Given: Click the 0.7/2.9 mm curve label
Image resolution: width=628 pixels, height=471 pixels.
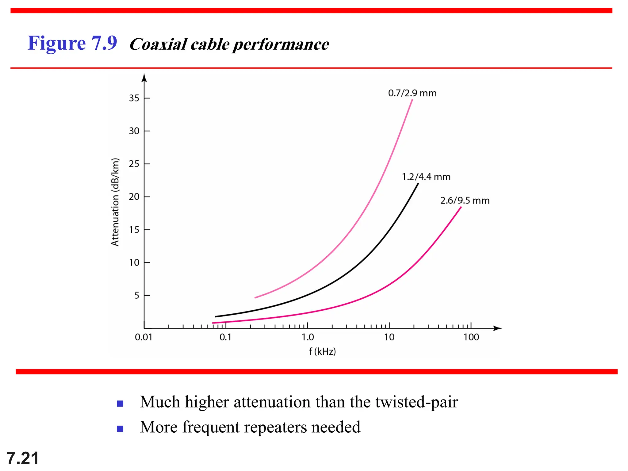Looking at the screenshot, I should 412,93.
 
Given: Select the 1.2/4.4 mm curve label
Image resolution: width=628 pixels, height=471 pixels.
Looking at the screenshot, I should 426,177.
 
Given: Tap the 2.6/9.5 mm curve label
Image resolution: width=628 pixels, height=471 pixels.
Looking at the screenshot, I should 465,201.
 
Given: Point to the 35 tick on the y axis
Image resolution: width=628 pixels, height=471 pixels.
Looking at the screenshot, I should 134,98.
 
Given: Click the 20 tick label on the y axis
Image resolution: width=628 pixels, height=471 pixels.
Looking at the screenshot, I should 134,197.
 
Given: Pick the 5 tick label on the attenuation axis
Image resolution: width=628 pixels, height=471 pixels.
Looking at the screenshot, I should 137,295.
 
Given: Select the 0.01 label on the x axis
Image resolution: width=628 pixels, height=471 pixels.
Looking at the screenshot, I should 144,337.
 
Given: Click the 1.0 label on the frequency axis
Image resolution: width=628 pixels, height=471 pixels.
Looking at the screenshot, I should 308,337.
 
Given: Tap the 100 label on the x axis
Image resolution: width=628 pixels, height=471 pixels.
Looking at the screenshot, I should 471,337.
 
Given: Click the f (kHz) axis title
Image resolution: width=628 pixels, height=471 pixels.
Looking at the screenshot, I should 322,351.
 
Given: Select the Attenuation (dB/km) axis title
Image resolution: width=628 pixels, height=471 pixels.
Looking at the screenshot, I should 115,202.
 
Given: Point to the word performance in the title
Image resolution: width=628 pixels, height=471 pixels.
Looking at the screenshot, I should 281,44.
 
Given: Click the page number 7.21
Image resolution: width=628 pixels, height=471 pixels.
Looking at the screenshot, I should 23,458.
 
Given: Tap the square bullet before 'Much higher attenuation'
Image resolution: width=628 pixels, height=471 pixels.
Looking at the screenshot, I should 120,404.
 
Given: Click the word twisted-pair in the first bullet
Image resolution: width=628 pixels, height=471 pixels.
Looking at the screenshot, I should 416,402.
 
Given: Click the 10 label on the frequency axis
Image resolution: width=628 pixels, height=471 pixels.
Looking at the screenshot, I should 389,337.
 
